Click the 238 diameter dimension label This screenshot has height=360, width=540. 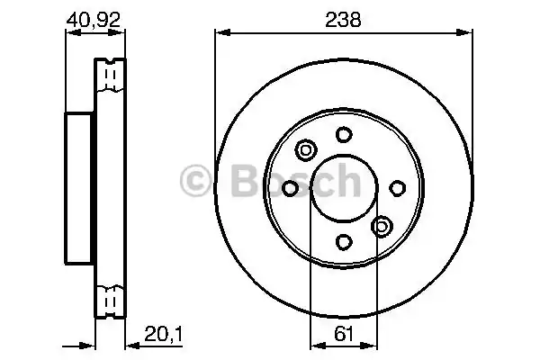[343, 20]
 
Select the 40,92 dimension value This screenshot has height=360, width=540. [94, 20]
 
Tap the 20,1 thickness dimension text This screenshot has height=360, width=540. [163, 334]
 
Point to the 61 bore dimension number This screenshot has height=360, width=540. [344, 334]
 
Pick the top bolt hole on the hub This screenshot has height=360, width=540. [344, 134]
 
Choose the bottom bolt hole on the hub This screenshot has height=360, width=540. [344, 242]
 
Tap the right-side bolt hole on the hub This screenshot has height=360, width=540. [398, 188]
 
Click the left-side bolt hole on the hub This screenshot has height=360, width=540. [290, 188]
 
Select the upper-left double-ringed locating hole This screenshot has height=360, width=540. [306, 150]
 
